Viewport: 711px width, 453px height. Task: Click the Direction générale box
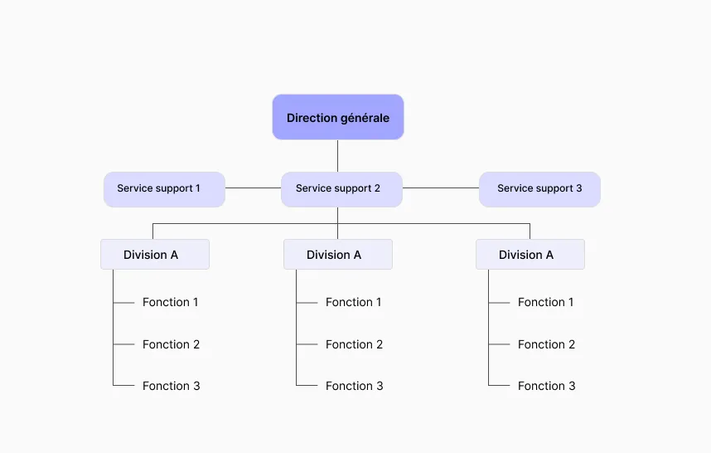338,117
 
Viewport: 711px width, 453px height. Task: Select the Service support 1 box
164,189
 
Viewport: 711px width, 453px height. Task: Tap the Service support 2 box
341,189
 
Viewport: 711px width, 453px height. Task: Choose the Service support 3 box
539,189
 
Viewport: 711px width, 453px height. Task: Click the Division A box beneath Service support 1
155,254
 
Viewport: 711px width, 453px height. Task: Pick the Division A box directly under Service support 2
338,254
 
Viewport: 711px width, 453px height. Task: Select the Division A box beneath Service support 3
530,254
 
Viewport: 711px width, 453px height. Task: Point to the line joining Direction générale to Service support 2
338,156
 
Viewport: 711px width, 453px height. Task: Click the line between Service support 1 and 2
253,188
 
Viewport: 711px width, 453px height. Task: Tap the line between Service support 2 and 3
441,188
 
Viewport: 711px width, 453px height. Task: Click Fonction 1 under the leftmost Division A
171,302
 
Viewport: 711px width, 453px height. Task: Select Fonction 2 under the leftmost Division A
171,344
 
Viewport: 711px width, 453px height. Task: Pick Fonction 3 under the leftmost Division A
171,386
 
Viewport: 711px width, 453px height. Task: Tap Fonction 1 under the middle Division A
354,302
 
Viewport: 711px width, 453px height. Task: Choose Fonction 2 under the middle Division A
354,344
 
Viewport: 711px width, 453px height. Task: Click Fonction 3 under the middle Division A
354,386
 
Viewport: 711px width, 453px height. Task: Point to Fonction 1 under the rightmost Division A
546,302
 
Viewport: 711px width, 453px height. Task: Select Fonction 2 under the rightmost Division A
546,344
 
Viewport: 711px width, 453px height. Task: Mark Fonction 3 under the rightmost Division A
546,386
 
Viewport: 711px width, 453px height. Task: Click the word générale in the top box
365,119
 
